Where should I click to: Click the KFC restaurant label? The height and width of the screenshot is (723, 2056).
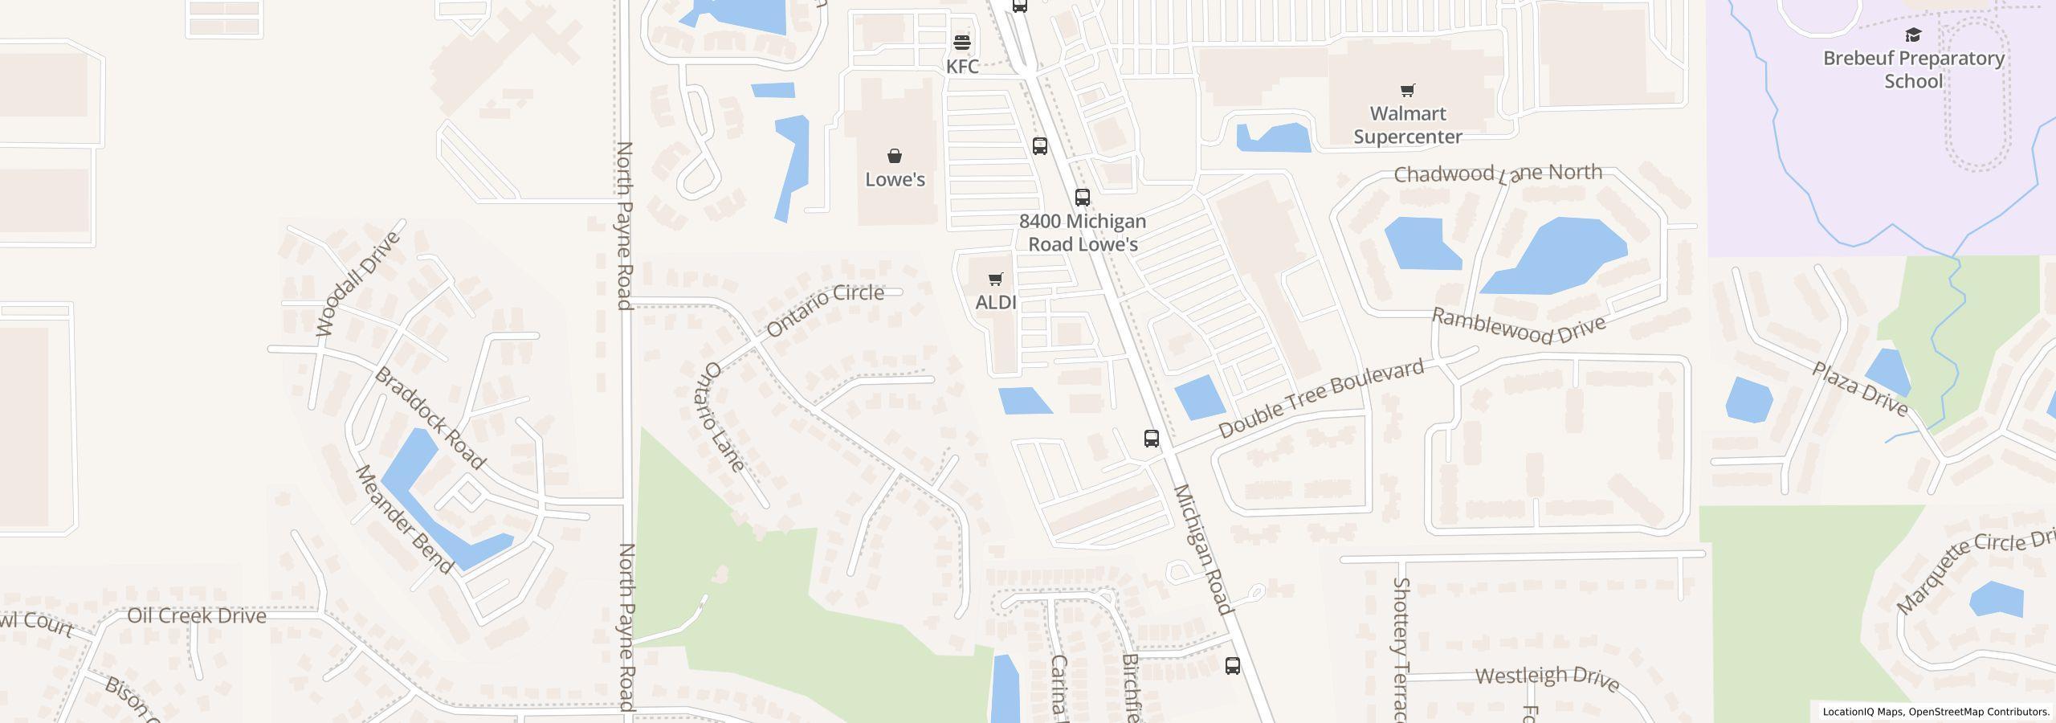point(962,67)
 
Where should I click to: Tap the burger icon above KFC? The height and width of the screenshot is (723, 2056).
point(962,42)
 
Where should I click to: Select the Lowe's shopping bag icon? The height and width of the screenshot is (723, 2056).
point(895,156)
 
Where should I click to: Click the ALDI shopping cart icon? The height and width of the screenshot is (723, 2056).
point(996,279)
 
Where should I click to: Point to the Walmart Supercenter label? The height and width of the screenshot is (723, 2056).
point(1407,125)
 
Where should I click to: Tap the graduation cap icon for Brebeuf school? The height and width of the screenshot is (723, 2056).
point(1913,35)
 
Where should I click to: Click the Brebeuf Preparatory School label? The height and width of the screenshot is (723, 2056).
point(1913,70)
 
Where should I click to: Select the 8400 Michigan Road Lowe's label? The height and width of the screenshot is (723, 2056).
point(1083,232)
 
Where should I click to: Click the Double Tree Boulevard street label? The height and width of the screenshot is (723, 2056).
point(1321,398)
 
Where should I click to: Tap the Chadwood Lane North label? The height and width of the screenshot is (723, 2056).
point(1498,174)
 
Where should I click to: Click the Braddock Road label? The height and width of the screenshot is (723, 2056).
point(430,418)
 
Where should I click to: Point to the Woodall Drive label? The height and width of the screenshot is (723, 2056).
point(357,284)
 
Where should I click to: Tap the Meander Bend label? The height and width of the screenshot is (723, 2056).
point(405,519)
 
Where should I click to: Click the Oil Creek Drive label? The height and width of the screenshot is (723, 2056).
point(197,616)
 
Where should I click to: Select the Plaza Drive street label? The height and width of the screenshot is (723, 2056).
point(1860,389)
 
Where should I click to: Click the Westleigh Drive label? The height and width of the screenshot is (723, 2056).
point(1547,677)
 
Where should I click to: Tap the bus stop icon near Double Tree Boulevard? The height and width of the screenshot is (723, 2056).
point(1152,439)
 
